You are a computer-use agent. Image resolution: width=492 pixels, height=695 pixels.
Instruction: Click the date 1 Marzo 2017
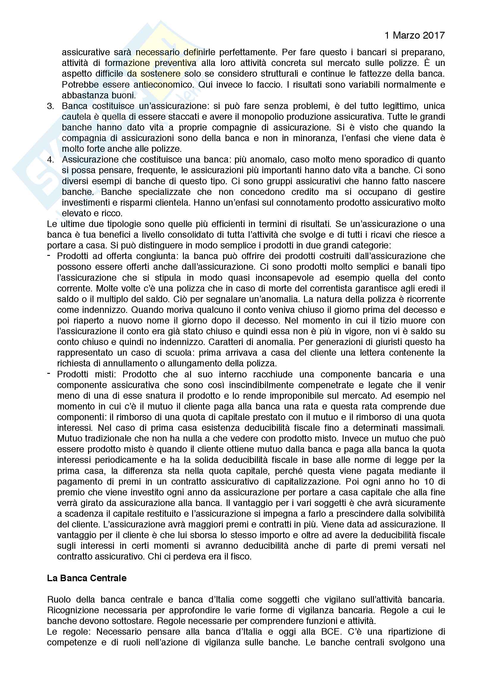pos(414,35)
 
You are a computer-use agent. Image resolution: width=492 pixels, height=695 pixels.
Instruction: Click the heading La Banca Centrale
pos(87,578)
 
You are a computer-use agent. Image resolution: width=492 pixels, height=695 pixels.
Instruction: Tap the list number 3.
pos(50,106)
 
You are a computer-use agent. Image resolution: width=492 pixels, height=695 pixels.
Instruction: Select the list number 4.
pos(50,160)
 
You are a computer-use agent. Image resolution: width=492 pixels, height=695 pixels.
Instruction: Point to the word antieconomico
pos(164,85)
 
